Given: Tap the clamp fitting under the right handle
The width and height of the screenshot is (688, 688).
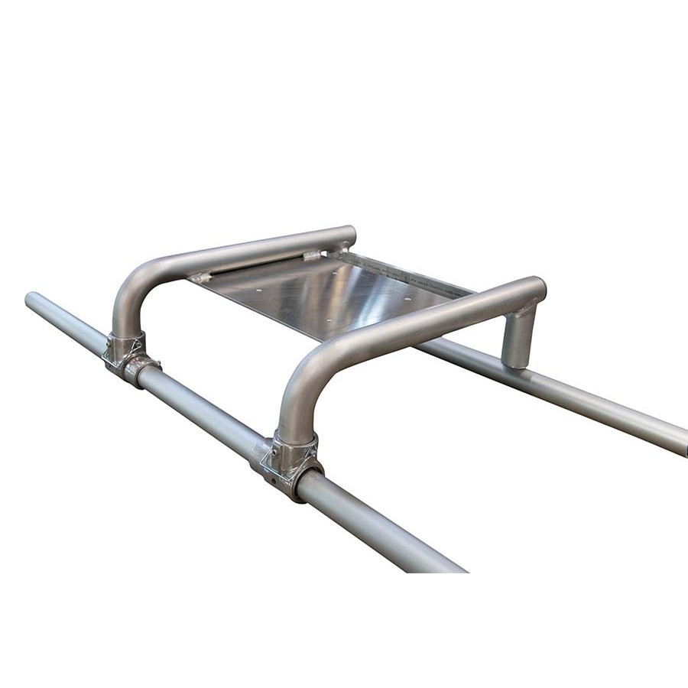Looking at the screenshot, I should pos(289,462).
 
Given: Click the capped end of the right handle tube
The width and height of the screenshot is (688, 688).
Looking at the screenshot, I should pos(539,287).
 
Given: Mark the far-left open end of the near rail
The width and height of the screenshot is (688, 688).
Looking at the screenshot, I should pos(31,298).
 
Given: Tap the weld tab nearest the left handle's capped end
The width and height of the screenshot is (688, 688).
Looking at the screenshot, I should pos(312,256).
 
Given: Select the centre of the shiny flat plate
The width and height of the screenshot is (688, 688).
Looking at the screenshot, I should pos(329,294).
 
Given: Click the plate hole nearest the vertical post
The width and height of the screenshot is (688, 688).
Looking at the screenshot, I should pos(408,299).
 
